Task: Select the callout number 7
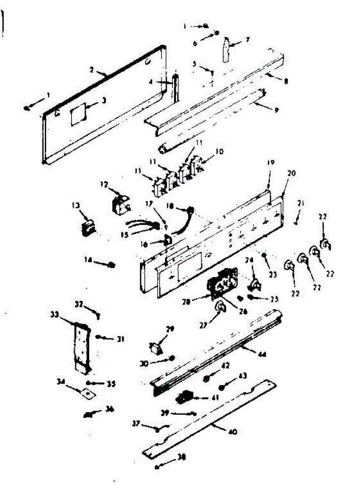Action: click(x=248, y=40)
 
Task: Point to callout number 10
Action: click(x=219, y=151)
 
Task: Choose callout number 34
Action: click(x=60, y=382)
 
